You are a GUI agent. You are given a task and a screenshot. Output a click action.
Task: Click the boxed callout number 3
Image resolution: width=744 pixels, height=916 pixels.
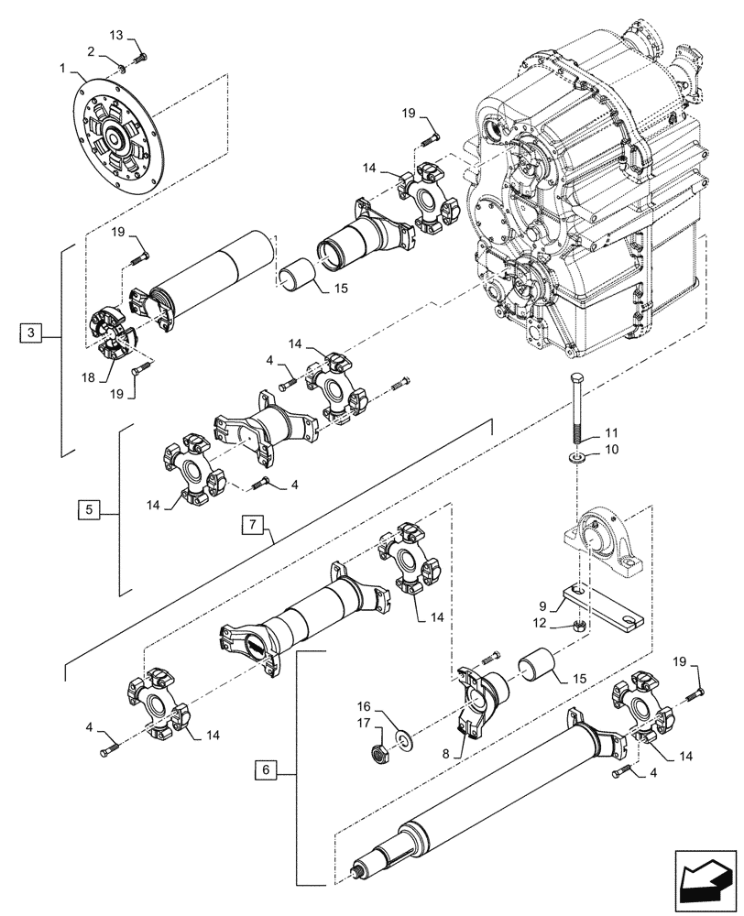[31, 333]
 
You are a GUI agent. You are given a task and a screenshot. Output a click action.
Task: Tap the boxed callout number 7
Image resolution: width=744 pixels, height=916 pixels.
[253, 525]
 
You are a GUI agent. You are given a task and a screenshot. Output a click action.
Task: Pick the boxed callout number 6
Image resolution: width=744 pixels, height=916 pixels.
[264, 771]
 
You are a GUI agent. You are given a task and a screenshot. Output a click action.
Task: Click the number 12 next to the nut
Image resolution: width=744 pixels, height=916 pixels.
[566, 623]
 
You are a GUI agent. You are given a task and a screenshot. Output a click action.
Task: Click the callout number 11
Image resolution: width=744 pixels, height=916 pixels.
[611, 431]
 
